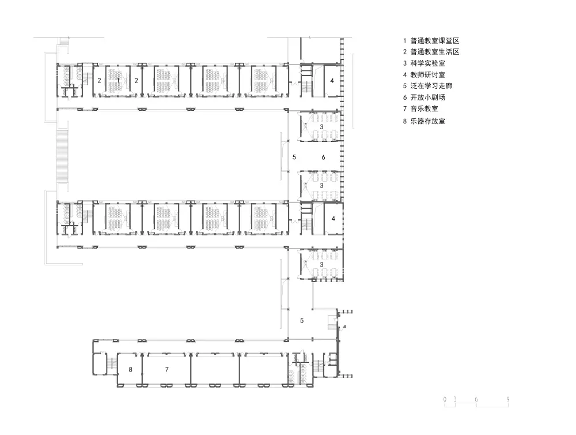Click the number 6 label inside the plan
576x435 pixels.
323,157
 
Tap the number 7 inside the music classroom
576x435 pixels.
166,369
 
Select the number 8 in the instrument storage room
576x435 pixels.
131,369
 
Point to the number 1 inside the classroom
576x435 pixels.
118,80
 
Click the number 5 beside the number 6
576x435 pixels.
294,157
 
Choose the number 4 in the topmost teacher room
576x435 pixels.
332,81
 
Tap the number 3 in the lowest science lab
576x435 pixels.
321,264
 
